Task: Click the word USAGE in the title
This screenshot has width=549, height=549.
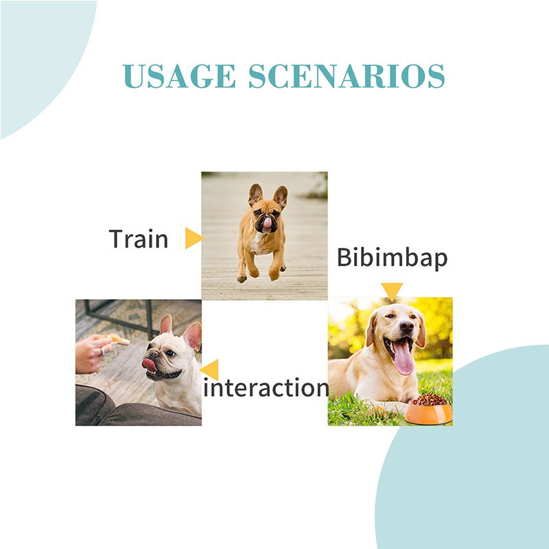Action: pyautogui.click(x=179, y=76)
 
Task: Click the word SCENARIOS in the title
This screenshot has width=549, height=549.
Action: pyautogui.click(x=347, y=76)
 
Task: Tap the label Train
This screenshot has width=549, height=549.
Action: pyautogui.click(x=139, y=239)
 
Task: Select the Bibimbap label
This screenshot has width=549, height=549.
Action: pyautogui.click(x=392, y=258)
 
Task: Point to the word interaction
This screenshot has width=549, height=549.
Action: pyautogui.click(x=266, y=388)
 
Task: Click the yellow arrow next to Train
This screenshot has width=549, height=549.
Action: pyautogui.click(x=194, y=238)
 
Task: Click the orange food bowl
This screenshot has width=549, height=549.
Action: pyautogui.click(x=428, y=414)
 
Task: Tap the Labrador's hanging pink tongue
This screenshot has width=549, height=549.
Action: pyautogui.click(x=403, y=357)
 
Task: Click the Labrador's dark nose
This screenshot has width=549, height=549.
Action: pyautogui.click(x=406, y=327)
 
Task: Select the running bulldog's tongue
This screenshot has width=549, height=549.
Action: pyautogui.click(x=268, y=222)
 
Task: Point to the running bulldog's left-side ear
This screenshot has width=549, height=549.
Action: pyautogui.click(x=255, y=194)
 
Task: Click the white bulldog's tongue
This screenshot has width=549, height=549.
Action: pyautogui.click(x=149, y=364)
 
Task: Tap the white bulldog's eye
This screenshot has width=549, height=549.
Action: pyautogui.click(x=170, y=353)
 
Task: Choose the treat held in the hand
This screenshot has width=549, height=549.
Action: pyautogui.click(x=117, y=339)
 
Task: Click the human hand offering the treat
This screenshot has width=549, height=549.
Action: pyautogui.click(x=92, y=353)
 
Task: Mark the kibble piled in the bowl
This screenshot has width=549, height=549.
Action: pyautogui.click(x=429, y=399)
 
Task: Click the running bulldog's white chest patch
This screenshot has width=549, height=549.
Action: pyautogui.click(x=257, y=244)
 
